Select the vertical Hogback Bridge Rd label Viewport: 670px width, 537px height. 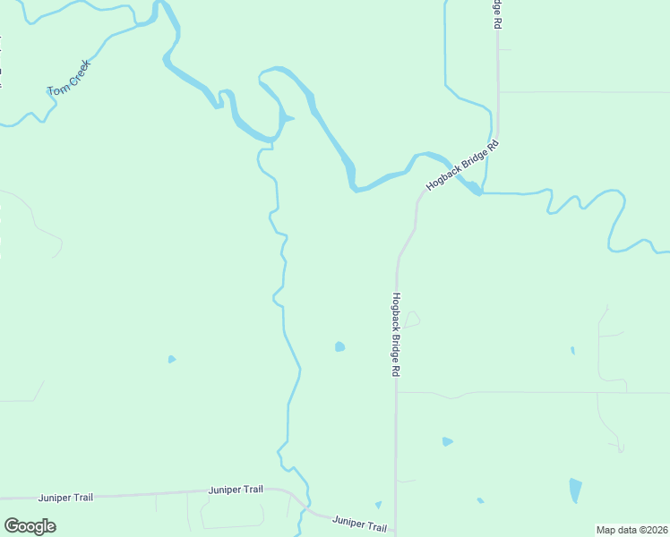394,335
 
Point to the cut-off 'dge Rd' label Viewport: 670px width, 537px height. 496,14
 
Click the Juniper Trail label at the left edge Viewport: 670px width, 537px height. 65,496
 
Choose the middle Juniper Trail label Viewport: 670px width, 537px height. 236,490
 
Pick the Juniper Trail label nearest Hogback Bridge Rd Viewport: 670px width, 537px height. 359,523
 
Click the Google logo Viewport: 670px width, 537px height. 30,526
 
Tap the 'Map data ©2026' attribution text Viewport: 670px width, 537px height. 631,530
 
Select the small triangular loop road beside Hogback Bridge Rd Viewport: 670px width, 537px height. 411,320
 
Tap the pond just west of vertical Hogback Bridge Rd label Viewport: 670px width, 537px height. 339,346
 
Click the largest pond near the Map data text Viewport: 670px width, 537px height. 575,490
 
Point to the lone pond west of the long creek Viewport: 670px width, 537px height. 171,360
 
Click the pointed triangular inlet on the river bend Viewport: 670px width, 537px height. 288,118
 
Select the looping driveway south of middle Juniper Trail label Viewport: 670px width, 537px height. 232,512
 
